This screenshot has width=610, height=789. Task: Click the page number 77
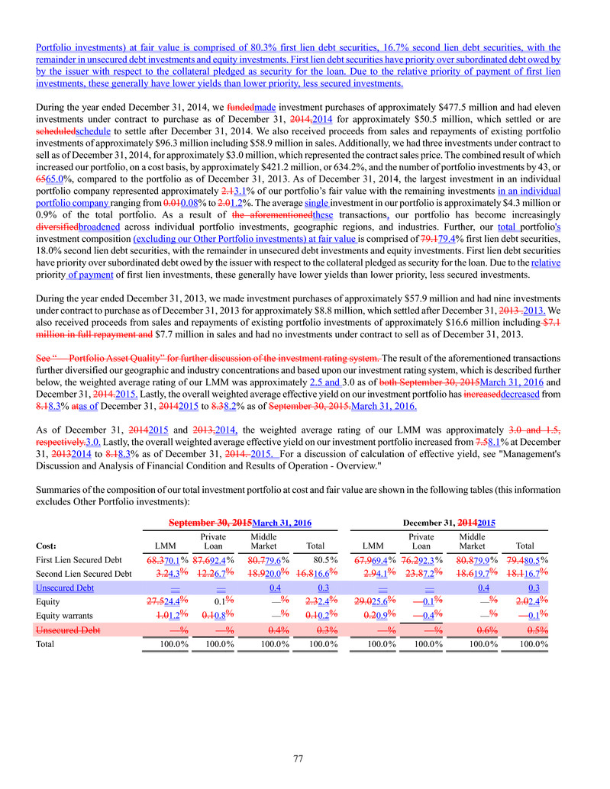pos(305,758)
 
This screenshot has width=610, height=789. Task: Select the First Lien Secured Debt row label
pos(82,581)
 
